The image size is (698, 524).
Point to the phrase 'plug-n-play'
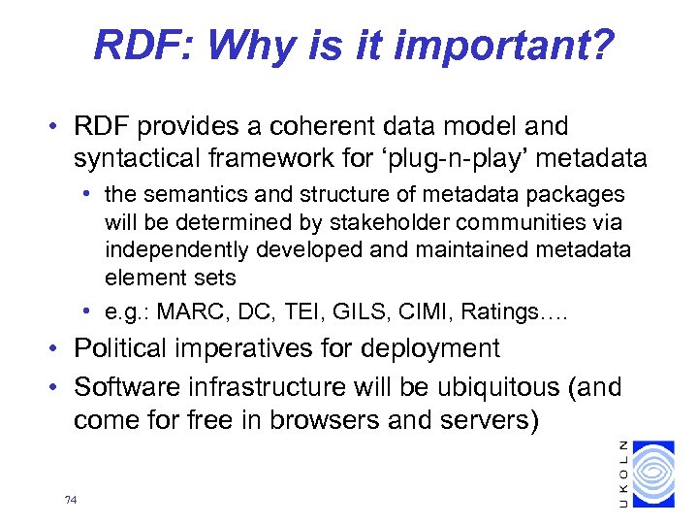click(466, 157)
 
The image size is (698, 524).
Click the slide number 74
click(70, 501)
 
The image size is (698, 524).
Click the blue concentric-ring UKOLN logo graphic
click(658, 475)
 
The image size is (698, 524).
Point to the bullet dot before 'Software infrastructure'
click(60, 387)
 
